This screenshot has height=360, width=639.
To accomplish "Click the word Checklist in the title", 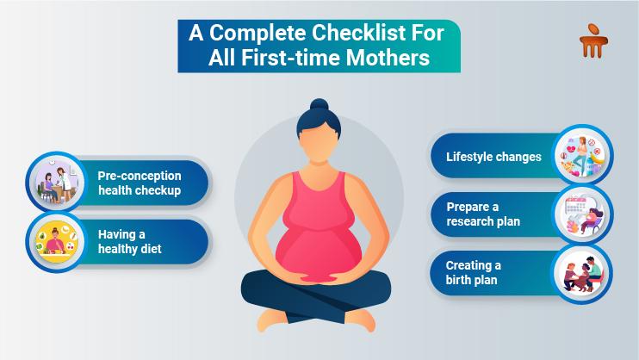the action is [360, 33].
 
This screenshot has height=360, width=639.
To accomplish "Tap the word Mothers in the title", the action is [388, 58].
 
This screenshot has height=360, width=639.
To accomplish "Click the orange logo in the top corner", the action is [593, 40].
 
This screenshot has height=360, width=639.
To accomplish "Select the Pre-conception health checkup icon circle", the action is [56, 182].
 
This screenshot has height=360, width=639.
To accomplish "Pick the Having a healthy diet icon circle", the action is [56, 242].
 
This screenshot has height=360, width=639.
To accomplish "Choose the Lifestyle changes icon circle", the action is [582, 155].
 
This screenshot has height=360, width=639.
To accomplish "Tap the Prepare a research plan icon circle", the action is [582, 214].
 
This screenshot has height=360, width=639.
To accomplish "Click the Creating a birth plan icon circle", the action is [581, 274].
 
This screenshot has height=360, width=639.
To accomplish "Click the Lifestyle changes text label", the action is [493, 157].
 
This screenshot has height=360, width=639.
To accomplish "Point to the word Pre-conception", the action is [140, 176].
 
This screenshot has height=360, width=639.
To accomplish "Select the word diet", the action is [152, 249].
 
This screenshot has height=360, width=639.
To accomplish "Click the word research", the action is [469, 221].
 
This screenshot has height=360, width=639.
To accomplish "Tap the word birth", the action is [456, 280].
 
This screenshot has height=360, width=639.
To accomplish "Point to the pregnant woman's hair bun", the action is [319, 105].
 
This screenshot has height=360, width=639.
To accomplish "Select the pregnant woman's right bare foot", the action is [272, 320].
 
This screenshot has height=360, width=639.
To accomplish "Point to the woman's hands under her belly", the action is [319, 279].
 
